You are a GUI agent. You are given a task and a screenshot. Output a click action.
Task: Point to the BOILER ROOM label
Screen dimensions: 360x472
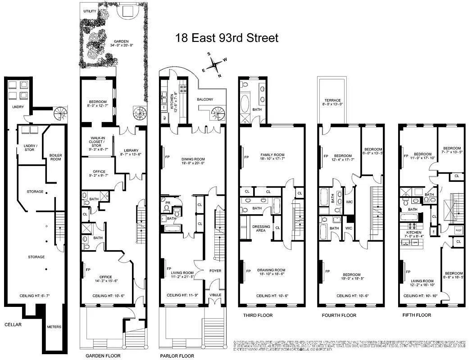tap(55, 157)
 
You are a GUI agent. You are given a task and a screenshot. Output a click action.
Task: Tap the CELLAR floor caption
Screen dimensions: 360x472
tap(14, 324)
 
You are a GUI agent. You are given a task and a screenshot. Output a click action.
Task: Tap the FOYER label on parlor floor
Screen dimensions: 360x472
tap(215, 271)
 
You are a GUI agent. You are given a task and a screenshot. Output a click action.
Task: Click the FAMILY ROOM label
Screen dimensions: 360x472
tap(272, 157)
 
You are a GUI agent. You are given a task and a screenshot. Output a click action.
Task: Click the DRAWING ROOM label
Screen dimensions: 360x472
tap(272, 272)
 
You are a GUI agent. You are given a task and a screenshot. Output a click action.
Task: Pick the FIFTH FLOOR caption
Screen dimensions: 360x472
tap(417, 315)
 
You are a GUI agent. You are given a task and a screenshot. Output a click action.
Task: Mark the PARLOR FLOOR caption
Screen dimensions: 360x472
tap(177, 355)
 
